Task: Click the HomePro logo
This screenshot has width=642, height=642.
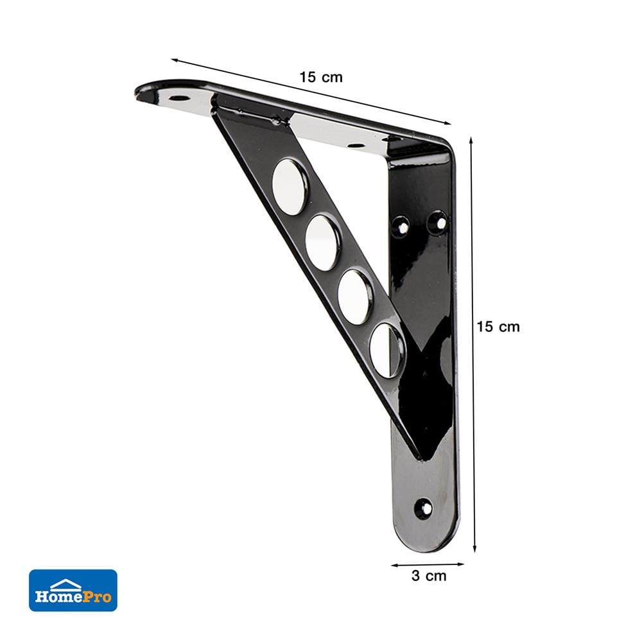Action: [x=73, y=590]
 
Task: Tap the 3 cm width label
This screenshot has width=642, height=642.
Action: [x=429, y=576]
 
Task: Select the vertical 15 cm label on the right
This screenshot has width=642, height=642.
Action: [x=498, y=327]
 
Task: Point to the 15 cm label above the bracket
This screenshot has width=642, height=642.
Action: [x=320, y=77]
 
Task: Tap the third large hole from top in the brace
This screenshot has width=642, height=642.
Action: [x=356, y=295]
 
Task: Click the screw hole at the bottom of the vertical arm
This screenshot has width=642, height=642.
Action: [x=423, y=508]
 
